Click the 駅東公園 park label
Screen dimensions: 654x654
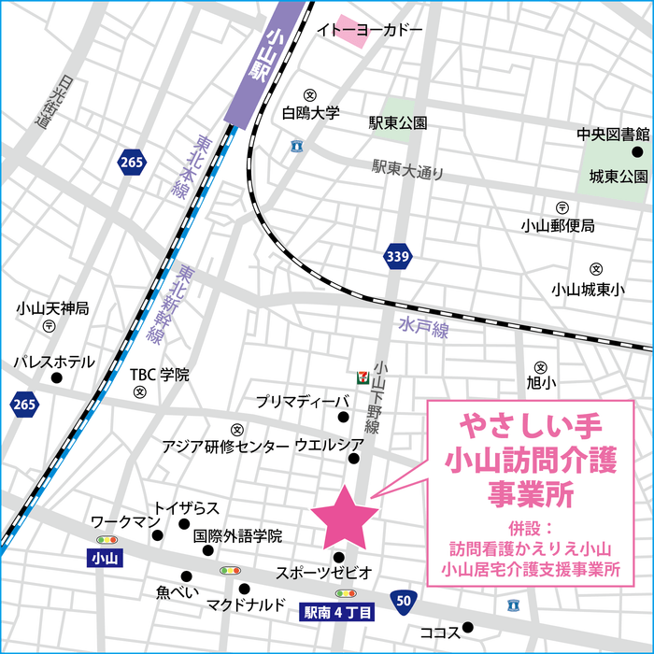(397, 123)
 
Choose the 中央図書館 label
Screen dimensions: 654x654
(612, 134)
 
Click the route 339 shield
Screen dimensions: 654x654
(396, 254)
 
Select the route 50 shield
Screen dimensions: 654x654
(402, 600)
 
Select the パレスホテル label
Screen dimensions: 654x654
(53, 362)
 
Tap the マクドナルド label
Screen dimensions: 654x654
(246, 605)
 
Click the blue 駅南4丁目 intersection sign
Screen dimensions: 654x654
(337, 613)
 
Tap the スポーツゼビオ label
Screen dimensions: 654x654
(323, 572)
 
